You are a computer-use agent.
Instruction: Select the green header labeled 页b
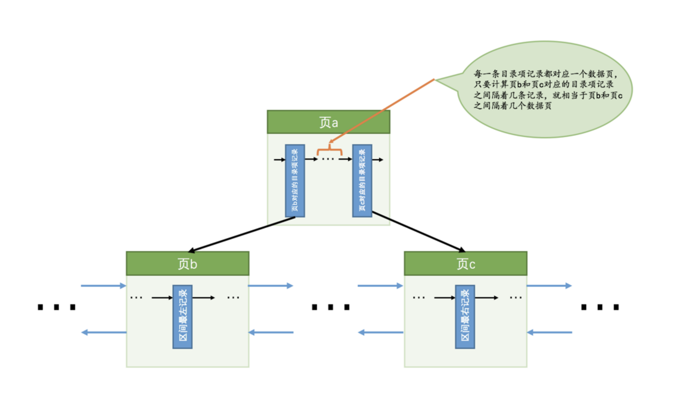tap(187, 264)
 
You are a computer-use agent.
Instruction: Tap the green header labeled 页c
tap(465, 264)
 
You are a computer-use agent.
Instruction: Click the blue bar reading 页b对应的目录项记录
tap(295, 181)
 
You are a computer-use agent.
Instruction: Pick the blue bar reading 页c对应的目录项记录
tap(362, 181)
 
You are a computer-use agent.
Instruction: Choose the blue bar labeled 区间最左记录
tap(183, 317)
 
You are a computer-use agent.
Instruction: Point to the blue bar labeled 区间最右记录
tap(465, 317)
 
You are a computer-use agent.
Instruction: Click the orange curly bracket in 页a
tap(329, 151)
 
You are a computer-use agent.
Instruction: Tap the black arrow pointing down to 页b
tap(242, 234)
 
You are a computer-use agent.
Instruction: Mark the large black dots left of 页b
tap(56, 307)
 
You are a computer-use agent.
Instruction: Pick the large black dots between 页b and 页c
tap(331, 307)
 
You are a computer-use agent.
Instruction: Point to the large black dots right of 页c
tap(600, 307)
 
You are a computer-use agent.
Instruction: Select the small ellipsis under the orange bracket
tap(328, 159)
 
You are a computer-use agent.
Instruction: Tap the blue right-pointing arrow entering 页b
tap(103, 286)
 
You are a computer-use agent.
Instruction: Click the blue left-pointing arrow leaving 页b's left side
tap(103, 332)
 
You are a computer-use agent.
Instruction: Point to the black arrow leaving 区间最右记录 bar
tap(486, 298)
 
